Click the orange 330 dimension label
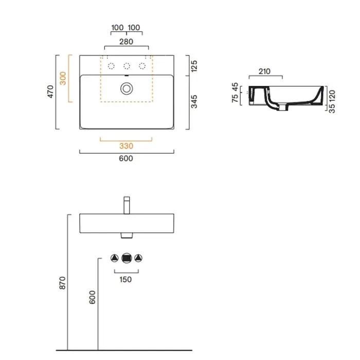tap(127, 146)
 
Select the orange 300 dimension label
tap(63, 78)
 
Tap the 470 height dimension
tap(50, 92)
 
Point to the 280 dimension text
tap(127, 42)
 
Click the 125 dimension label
tap(194, 66)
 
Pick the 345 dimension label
tap(194, 102)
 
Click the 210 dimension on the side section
tap(264, 71)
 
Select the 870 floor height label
tap(62, 283)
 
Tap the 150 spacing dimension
tap(125, 280)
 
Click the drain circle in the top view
tap(127, 88)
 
